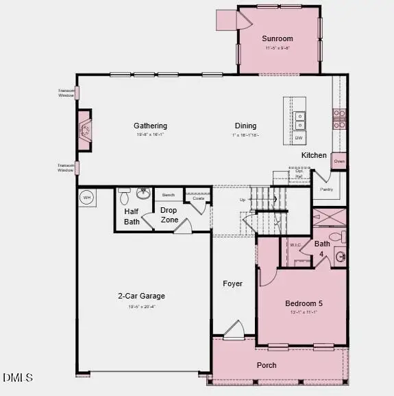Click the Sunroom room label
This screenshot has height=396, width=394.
(279, 39)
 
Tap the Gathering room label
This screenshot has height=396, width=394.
(150, 126)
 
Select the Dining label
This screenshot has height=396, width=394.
(245, 126)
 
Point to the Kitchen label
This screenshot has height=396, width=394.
(314, 155)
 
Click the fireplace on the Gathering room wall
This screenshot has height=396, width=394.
(84, 130)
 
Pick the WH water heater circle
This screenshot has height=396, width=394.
(86, 198)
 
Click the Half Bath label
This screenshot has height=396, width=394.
(132, 216)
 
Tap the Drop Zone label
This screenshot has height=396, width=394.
(169, 215)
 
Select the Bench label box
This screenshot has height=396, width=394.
(169, 196)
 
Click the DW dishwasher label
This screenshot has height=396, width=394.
(299, 138)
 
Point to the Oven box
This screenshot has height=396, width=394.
(339, 161)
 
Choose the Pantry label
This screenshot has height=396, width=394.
(326, 189)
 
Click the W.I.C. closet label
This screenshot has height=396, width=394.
(296, 244)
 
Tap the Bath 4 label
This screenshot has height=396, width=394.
(321, 248)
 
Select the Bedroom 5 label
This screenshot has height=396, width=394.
(304, 303)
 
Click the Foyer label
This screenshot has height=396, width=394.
(232, 283)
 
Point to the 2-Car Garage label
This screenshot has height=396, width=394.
(140, 296)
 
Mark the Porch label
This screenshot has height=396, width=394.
(267, 365)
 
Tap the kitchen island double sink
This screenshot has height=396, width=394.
(300, 121)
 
